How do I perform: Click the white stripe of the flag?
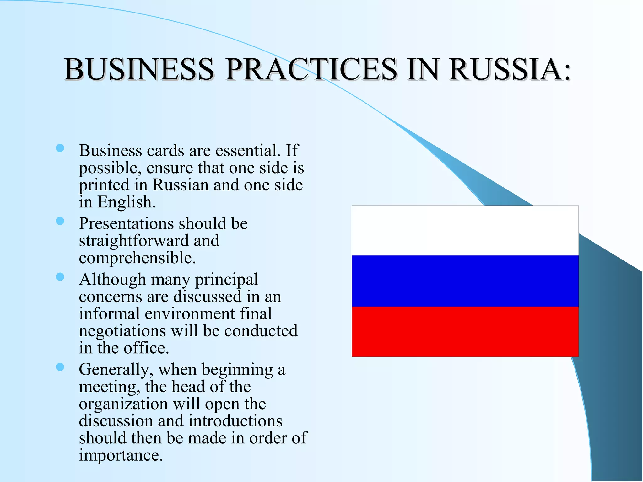[465, 231]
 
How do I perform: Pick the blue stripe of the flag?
[465, 281]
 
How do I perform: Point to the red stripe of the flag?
[465, 332]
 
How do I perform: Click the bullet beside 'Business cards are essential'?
[60, 148]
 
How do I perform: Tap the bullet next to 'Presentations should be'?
[60, 221]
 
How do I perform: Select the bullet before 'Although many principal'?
[60, 277]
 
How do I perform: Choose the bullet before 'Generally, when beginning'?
[60, 367]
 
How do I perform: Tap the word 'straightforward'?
[133, 241]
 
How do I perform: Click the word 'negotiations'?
[122, 331]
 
